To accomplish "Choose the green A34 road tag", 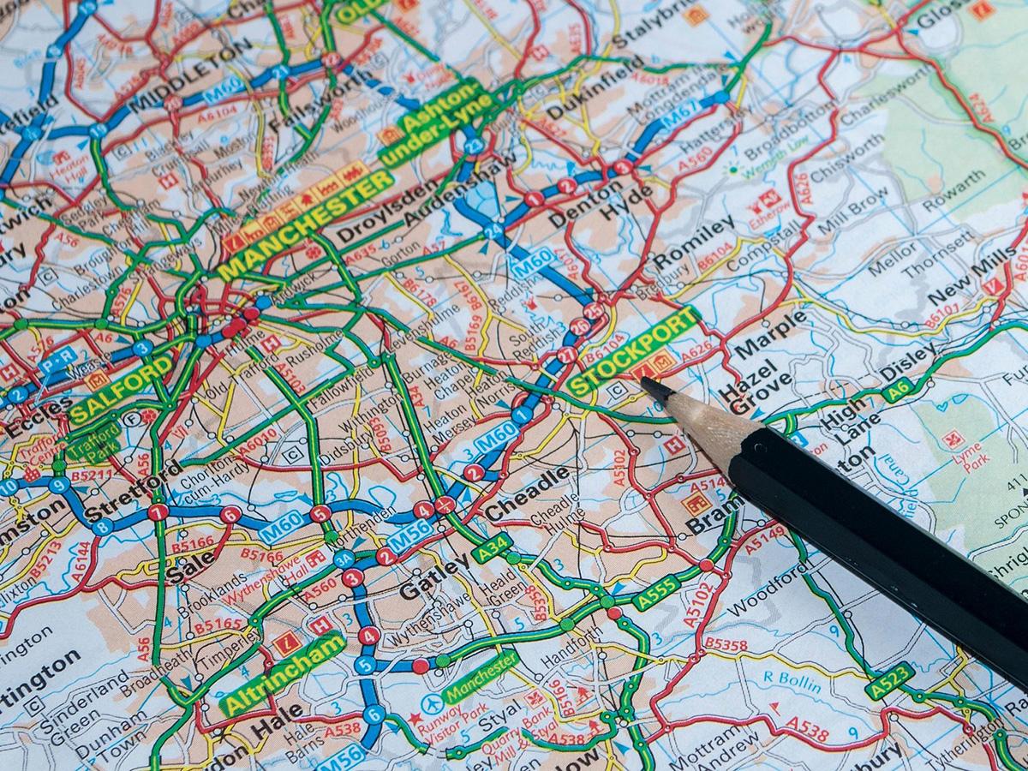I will (x=491, y=547).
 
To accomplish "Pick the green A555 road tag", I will (x=657, y=592).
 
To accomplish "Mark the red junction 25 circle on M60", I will (x=593, y=310).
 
